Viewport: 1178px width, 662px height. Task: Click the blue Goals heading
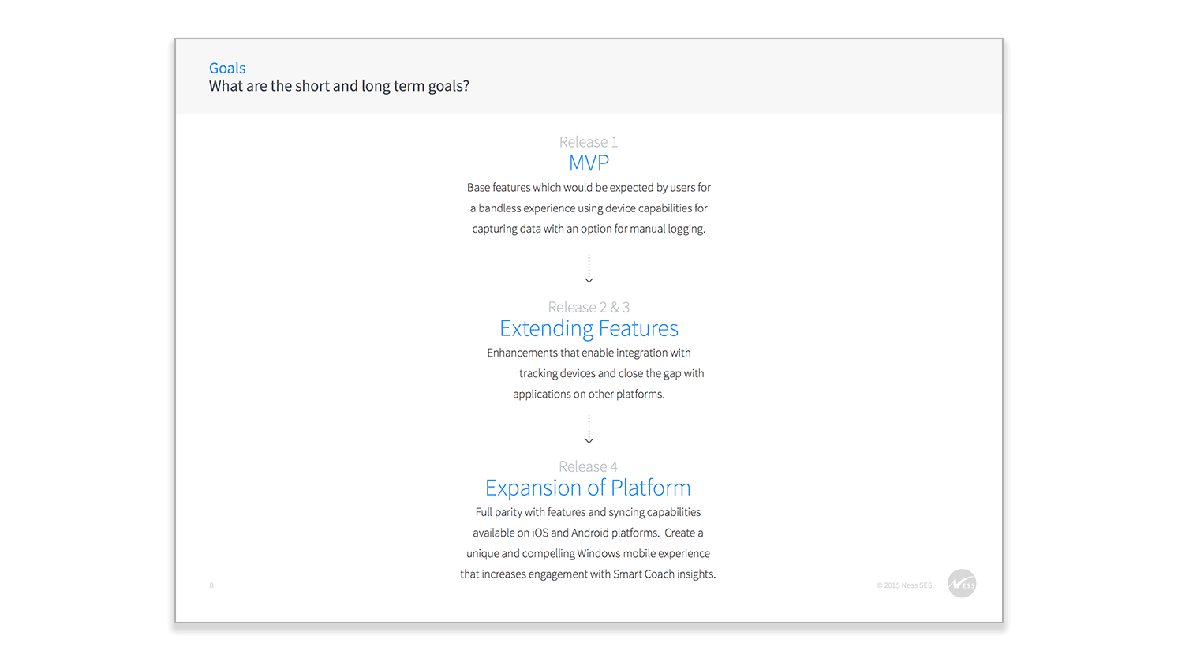click(227, 69)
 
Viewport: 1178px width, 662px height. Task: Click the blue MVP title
click(589, 163)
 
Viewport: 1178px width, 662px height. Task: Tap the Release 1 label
click(589, 142)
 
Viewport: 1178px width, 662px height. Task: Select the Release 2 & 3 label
click(589, 307)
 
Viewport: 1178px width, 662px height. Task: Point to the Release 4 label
click(588, 466)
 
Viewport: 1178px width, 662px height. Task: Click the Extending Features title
click(589, 329)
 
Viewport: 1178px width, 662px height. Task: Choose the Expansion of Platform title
click(588, 488)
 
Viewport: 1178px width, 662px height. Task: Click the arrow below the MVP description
click(589, 269)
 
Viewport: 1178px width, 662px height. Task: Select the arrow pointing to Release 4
click(589, 429)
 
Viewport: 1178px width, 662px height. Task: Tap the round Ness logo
click(962, 583)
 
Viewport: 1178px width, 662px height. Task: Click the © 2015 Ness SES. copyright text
click(905, 585)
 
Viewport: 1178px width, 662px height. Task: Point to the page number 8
click(211, 585)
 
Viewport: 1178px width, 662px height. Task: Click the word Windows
click(598, 554)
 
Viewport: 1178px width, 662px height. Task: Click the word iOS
click(540, 533)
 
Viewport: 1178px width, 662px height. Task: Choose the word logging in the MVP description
click(686, 230)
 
